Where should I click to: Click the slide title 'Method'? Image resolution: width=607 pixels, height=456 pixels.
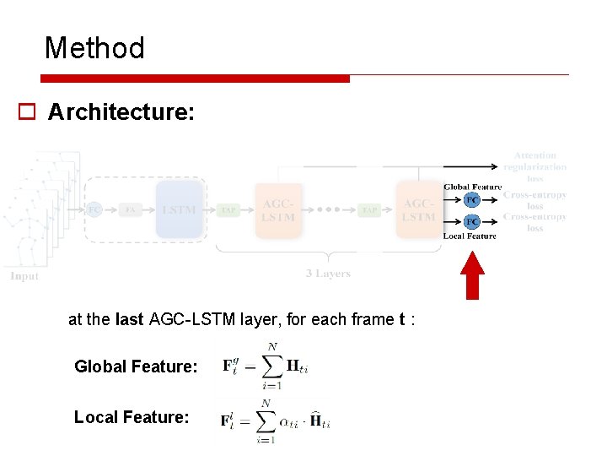pyautogui.click(x=94, y=48)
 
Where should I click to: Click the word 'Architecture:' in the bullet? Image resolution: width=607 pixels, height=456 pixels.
pyautogui.click(x=121, y=112)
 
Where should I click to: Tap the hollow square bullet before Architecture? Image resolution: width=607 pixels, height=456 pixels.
pyautogui.click(x=27, y=112)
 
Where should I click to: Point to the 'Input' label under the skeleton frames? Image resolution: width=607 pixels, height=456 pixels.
pyautogui.click(x=24, y=276)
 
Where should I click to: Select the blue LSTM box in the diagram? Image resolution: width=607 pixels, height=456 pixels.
pyautogui.click(x=180, y=209)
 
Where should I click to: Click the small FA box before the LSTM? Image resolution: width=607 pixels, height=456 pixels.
pyautogui.click(x=131, y=209)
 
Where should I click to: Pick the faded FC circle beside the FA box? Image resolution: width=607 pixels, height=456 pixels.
pyautogui.click(x=94, y=209)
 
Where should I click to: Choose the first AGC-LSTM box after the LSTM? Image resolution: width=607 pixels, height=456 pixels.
pyautogui.click(x=278, y=210)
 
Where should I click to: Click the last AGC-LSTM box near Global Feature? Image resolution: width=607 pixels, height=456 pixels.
pyautogui.click(x=419, y=210)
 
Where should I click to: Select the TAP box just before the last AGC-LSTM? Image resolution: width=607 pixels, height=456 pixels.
pyautogui.click(x=369, y=210)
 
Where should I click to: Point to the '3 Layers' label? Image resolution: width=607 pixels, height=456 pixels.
pyautogui.click(x=328, y=274)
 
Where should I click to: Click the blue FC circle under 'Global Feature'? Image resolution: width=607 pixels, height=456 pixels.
pyautogui.click(x=472, y=200)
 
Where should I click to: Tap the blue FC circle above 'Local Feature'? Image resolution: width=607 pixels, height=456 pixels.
pyautogui.click(x=472, y=221)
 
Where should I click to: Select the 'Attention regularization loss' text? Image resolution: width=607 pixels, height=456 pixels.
pyautogui.click(x=535, y=166)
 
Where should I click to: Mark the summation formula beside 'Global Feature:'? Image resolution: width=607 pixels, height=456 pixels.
pyautogui.click(x=265, y=366)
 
